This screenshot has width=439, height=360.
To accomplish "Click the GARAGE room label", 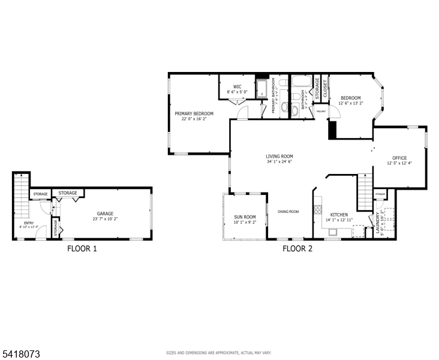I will tap(105, 214).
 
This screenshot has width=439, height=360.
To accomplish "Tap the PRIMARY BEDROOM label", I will tap(194, 113).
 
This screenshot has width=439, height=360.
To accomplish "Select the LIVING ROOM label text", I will tap(279, 156).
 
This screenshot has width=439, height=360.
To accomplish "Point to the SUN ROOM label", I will tap(245, 217).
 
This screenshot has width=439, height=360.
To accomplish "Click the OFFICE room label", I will tap(399, 158).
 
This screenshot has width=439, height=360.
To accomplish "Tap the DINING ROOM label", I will tap(288, 211).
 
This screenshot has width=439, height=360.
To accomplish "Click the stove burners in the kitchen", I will tap(318, 210).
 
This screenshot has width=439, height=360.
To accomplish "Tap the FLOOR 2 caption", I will tap(297, 248).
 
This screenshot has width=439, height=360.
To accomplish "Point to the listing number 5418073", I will tap(20, 355).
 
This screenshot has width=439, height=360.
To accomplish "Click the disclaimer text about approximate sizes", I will tap(219, 353).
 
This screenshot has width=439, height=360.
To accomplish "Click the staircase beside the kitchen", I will tap(365, 191).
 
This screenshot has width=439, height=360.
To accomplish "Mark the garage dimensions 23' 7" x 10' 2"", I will tap(105, 219).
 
